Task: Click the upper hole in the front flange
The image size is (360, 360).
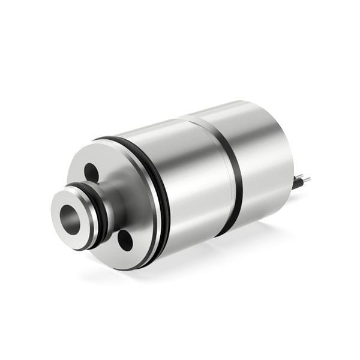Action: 91,173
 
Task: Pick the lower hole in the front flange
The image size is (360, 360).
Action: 125,240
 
